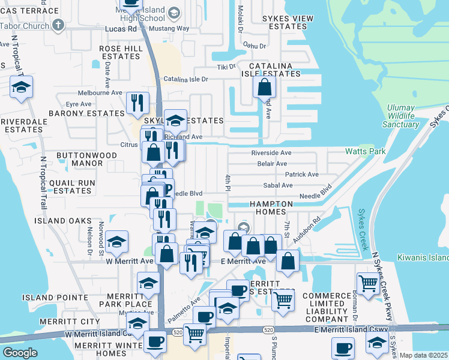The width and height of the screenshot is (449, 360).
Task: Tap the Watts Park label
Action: click(x=365, y=152)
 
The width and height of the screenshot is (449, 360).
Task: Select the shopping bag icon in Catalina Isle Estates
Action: click(x=264, y=87)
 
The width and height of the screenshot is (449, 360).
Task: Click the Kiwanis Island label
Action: click(x=423, y=257)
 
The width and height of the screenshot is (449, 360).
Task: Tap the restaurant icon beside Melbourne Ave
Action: click(x=138, y=103)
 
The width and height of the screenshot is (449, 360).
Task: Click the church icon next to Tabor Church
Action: click(x=58, y=25)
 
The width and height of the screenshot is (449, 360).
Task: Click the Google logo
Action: click(x=20, y=352)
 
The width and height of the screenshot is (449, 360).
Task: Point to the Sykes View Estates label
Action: click(x=288, y=23)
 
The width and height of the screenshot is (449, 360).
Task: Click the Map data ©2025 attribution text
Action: click(x=423, y=355)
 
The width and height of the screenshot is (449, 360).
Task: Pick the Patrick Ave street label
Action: click(x=302, y=175)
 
